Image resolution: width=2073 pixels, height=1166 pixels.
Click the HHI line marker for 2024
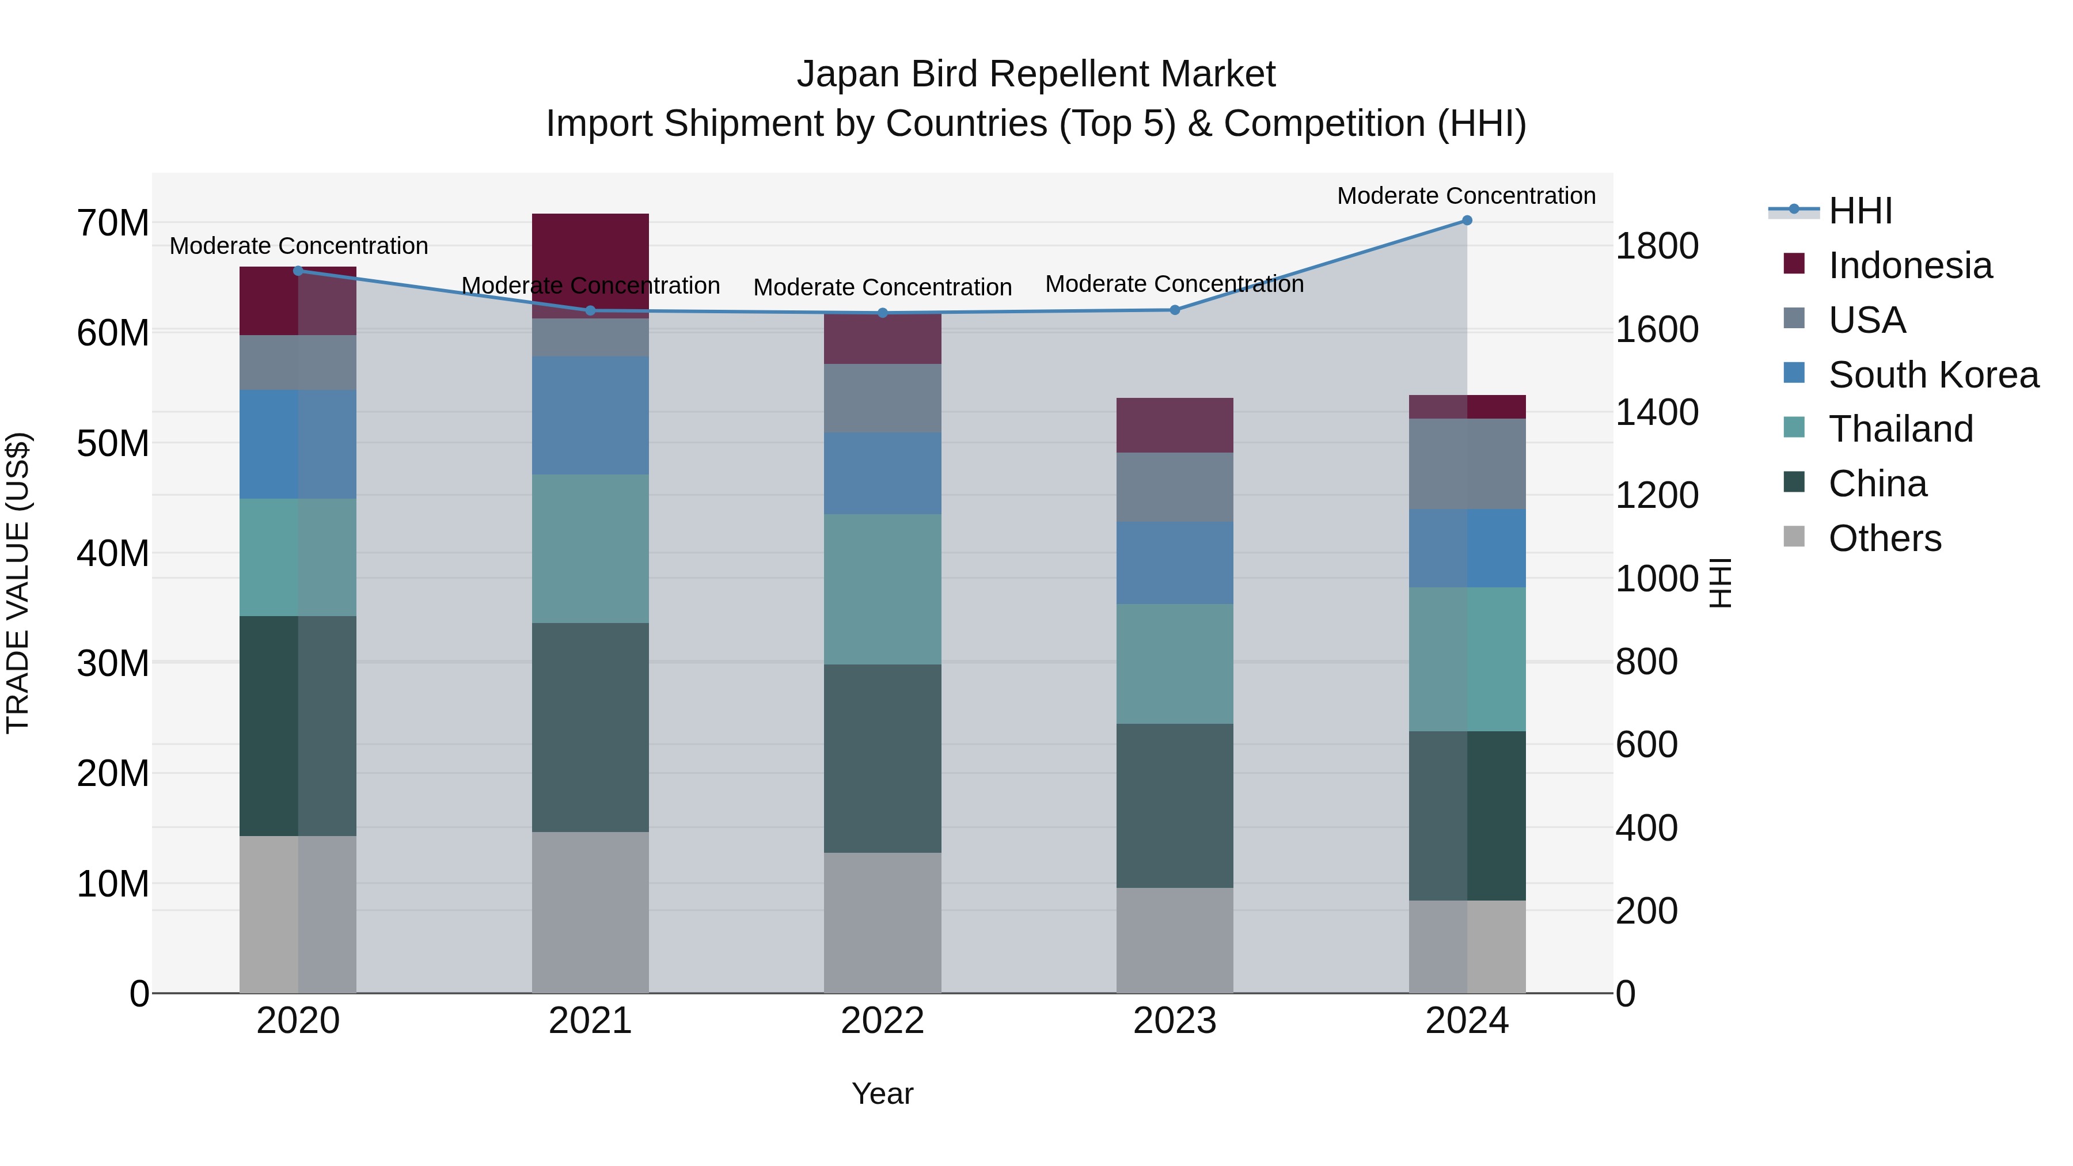pos(1466,221)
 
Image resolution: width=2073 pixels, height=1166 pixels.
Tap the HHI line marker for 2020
pos(298,271)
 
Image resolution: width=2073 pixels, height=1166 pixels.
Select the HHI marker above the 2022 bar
pos(882,313)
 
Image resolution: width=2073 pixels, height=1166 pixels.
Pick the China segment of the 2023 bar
pos(1174,806)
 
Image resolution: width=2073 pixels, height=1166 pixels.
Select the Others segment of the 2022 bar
pos(882,922)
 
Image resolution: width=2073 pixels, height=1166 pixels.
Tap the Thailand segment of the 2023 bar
pos(1174,664)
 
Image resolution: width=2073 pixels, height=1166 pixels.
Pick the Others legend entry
pos(1884,538)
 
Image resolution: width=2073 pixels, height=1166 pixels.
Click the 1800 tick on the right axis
pos(1656,246)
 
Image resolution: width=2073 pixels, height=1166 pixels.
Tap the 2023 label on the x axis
pos(1174,1021)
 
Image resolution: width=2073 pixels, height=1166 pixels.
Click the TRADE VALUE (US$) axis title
pos(18,583)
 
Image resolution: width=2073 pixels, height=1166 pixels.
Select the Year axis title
pos(882,1093)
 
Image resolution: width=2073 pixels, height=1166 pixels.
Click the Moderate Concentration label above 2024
pos(1465,196)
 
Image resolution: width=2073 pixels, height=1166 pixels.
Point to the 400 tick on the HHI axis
pos(1646,828)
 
